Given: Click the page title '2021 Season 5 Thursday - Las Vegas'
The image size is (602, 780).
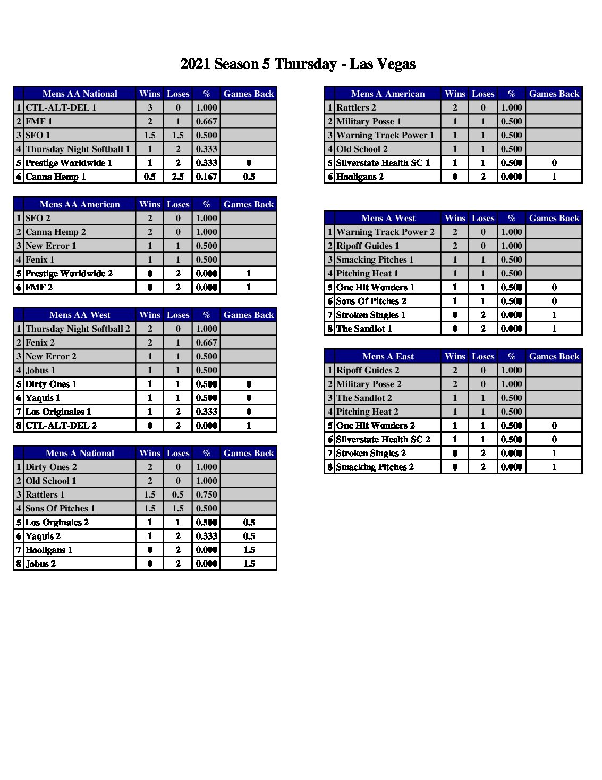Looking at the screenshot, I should [298, 64].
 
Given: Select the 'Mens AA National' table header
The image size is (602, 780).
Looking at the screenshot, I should [80, 94].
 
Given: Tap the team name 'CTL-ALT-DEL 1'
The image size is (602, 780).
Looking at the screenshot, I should [61, 107].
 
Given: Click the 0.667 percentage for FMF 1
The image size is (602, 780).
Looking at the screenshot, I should [206, 121].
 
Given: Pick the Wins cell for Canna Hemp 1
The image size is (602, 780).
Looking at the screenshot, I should [150, 177].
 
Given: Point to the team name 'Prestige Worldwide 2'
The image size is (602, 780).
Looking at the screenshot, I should [69, 273].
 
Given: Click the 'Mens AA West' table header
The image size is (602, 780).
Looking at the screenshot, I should [80, 315].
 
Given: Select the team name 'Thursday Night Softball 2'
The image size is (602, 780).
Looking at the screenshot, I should [78, 329].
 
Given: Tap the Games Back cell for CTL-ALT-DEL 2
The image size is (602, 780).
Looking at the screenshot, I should [249, 425].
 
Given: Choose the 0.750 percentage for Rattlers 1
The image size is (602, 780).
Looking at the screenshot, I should [206, 494].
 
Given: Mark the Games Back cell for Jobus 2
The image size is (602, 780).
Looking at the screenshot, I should [249, 564].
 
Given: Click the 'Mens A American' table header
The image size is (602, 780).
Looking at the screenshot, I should [388, 94].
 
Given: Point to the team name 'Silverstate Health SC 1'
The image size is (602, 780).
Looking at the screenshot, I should [383, 163].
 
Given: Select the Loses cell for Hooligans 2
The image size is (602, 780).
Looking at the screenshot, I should [483, 177].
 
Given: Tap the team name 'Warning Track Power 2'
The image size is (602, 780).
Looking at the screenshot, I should [385, 232].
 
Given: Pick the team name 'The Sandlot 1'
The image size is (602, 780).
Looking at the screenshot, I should [364, 329].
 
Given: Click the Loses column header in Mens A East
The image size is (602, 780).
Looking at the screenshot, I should [483, 356].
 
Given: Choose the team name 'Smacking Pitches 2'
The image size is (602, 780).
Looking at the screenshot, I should [375, 467].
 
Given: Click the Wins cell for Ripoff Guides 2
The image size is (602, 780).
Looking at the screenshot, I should [455, 370].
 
